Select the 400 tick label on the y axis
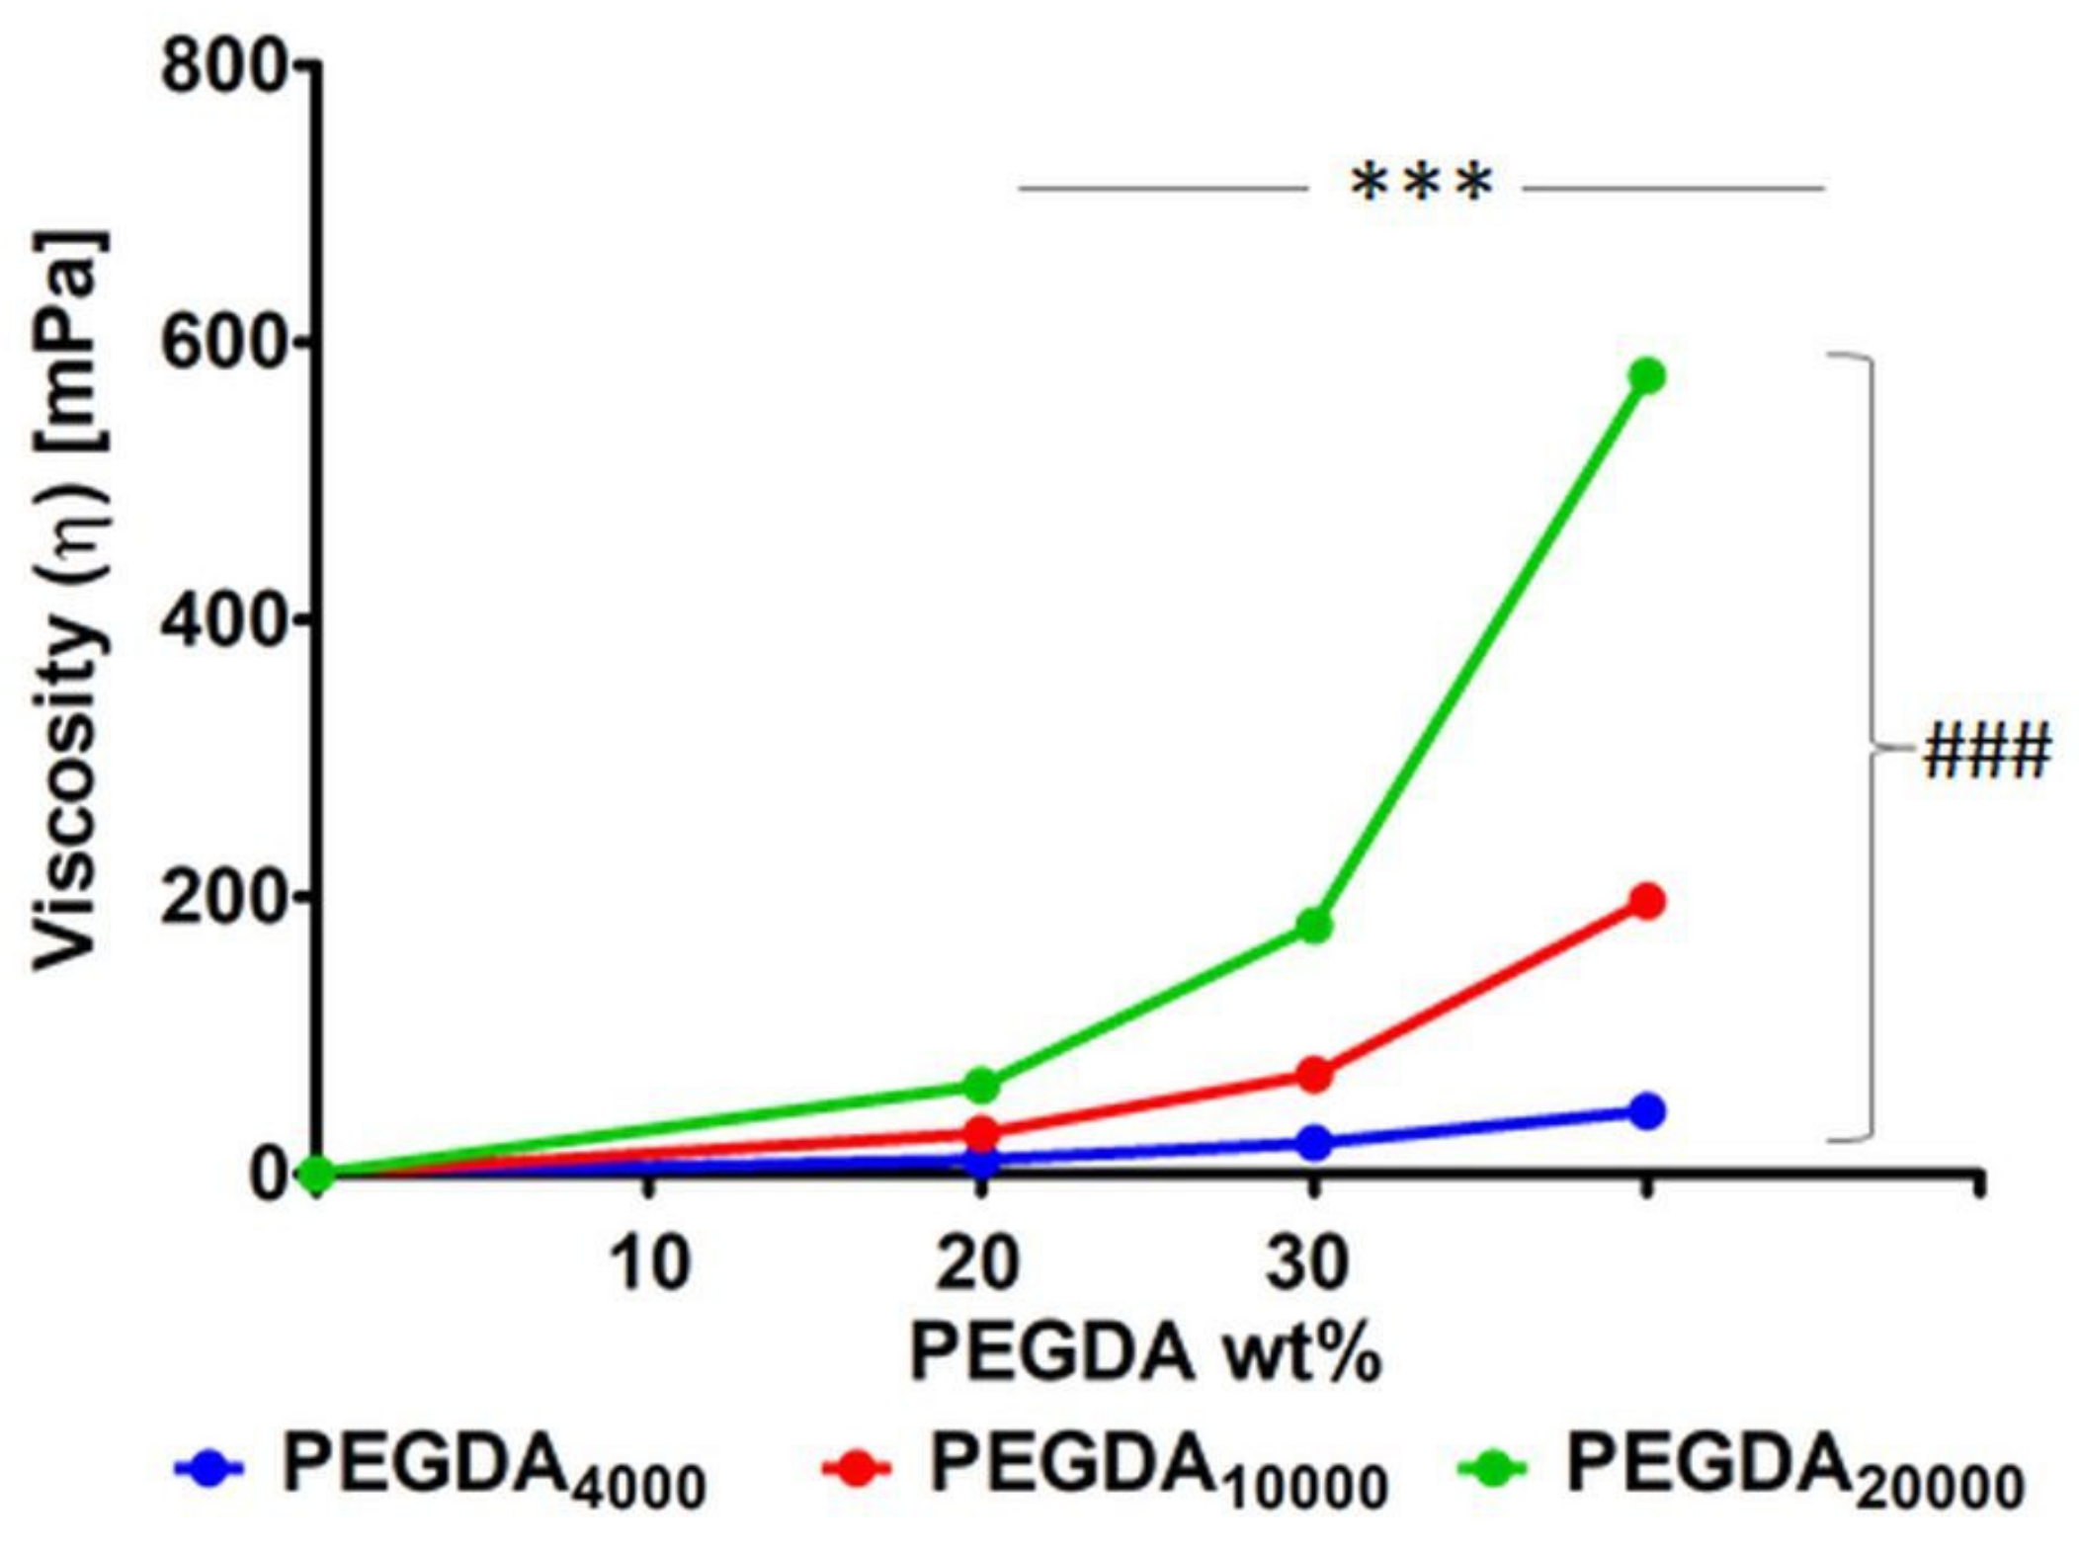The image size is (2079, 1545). coord(225,621)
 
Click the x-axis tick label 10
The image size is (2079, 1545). coord(649,1263)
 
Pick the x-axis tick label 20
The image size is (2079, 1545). coord(978,1263)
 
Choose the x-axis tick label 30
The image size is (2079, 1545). coord(1308,1263)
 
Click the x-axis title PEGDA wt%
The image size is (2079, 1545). coord(1144,1354)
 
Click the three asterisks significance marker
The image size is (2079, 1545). coord(1422,185)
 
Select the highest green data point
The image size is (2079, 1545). coord(1646,376)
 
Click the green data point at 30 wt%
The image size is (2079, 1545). coord(1313,926)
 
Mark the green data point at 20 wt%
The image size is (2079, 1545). coord(980,1085)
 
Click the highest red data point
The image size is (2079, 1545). coord(1646,901)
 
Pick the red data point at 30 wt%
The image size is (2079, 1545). coord(1313,1074)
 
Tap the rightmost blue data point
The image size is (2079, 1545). coord(1646,1111)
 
